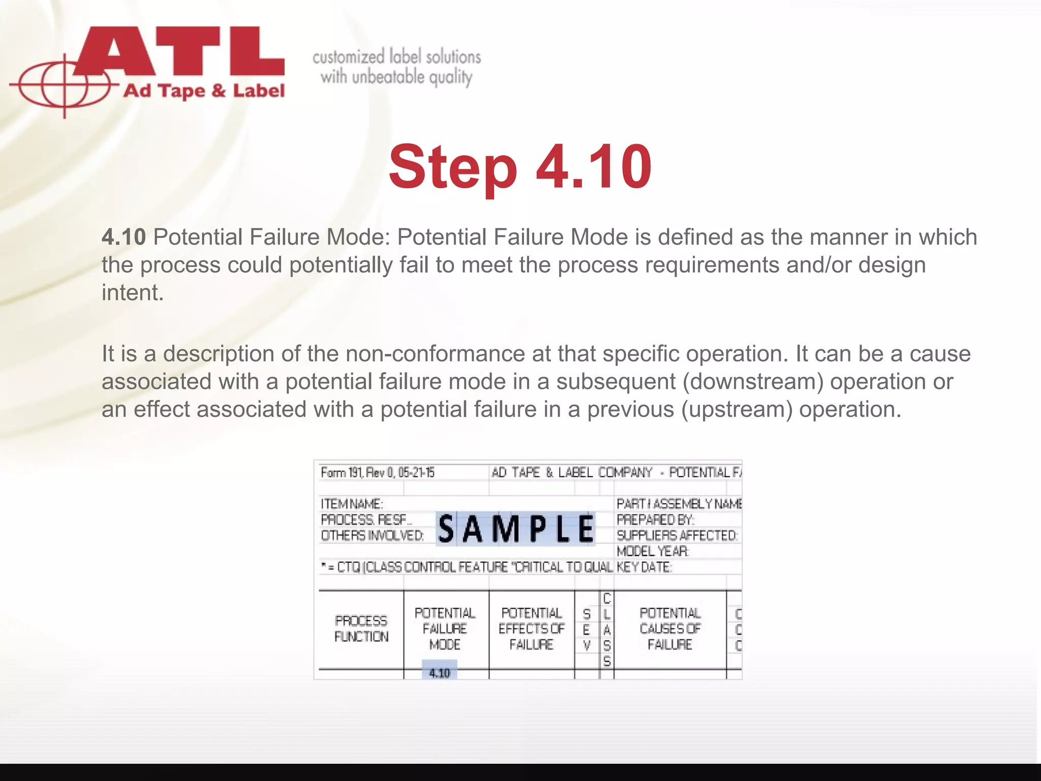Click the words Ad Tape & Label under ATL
(204, 92)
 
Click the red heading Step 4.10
(519, 167)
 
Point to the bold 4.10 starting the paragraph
(124, 237)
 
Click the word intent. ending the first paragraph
(133, 292)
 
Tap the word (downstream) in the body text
(753, 381)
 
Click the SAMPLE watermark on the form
(515, 529)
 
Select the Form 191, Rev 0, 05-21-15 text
(377, 472)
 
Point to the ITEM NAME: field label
(352, 504)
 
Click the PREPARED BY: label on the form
(655, 520)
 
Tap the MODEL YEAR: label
(653, 551)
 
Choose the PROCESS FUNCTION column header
(361, 628)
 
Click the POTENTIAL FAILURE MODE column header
(445, 628)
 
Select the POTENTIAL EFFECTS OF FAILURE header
(531, 628)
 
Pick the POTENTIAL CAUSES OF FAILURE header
(669, 628)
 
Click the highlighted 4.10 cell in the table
(439, 673)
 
